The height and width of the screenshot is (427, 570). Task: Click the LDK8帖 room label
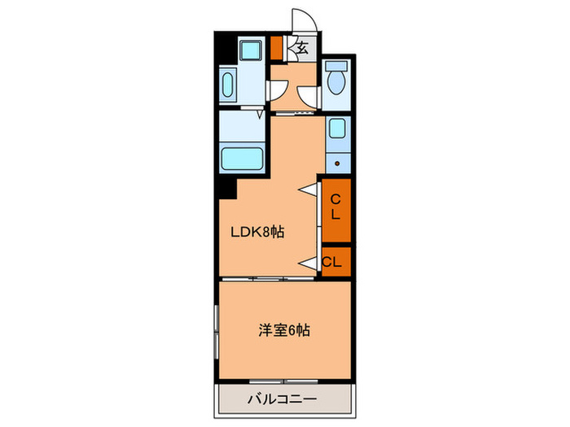coord(257,232)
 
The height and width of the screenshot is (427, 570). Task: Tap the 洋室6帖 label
coord(284,331)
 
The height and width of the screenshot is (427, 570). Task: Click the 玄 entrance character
coord(301,48)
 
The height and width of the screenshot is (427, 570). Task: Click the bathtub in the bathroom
coord(242,156)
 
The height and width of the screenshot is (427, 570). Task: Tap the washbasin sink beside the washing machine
coord(227,84)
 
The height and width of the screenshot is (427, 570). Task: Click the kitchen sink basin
coord(335,129)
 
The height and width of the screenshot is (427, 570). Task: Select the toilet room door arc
coord(308,95)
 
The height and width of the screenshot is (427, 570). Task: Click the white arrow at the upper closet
coord(309,190)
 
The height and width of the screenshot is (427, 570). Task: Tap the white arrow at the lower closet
coord(309,262)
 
